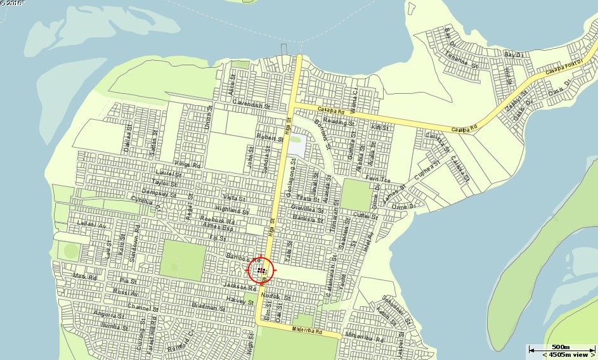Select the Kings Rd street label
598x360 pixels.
coord(187,165)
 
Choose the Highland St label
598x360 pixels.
coord(232,209)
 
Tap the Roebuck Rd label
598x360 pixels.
coord(222,222)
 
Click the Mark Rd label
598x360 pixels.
coord(84,277)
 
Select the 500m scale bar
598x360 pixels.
coord(560,348)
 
